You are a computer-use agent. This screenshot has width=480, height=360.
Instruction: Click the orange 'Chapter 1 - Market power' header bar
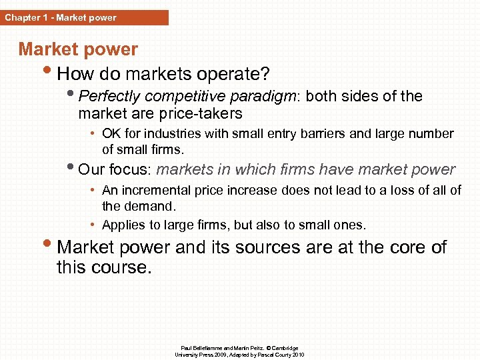click(x=84, y=17)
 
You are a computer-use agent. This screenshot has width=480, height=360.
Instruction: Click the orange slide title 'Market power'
click(x=78, y=49)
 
